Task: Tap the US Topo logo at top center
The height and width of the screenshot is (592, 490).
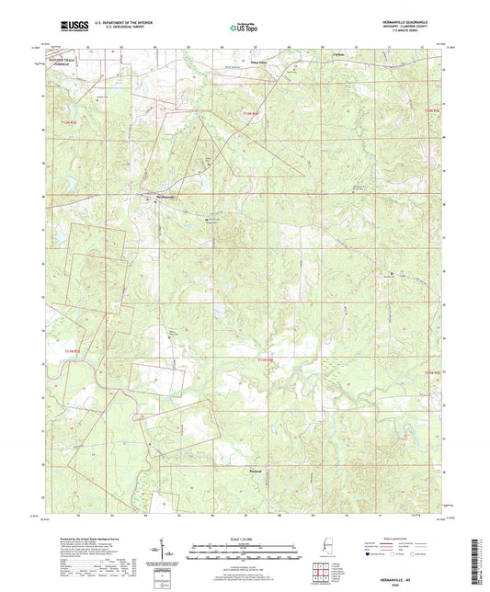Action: click(241, 28)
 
